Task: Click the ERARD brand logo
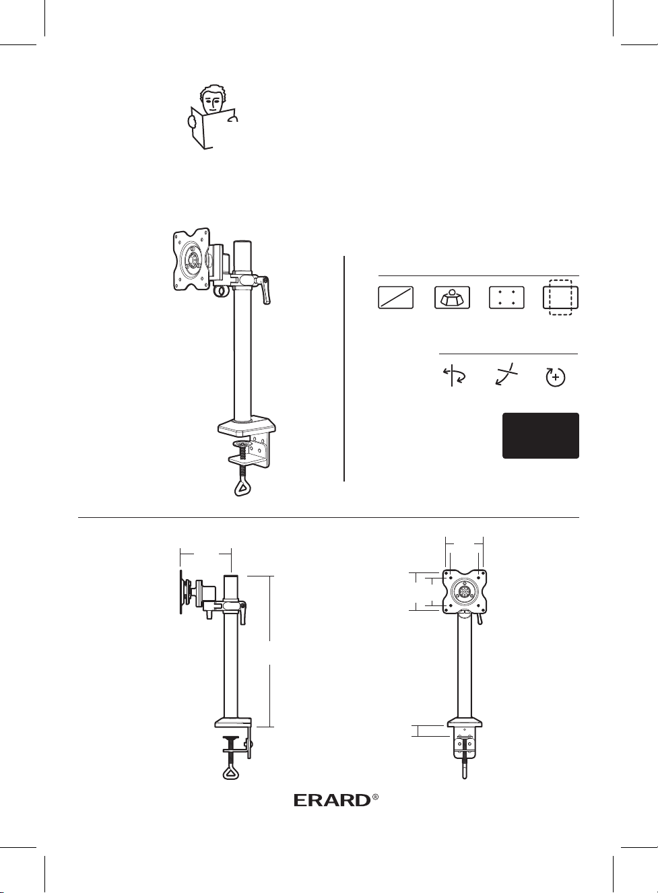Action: (333, 800)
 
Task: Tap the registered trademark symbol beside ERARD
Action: (375, 797)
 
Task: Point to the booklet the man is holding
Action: (213, 127)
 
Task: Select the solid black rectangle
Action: (540, 435)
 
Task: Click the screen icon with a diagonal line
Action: (395, 298)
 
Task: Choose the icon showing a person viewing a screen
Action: (452, 298)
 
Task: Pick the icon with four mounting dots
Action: (506, 298)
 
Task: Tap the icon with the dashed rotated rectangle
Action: (561, 298)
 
